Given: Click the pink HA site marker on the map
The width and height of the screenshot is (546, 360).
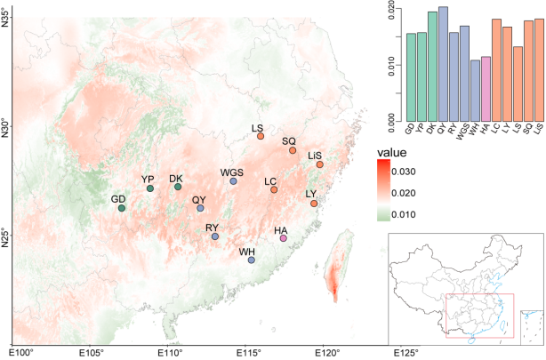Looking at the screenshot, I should [283, 238].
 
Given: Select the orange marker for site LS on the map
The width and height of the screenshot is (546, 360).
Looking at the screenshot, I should [261, 136].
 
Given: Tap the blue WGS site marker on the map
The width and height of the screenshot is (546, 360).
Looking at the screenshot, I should [233, 181].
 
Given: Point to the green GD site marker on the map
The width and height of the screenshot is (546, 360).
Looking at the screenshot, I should [121, 208].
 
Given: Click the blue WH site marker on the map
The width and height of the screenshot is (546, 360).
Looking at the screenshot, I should [251, 260].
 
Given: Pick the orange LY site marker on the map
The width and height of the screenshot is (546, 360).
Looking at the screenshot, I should [314, 204].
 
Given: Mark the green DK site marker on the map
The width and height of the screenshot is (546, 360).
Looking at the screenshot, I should [178, 187].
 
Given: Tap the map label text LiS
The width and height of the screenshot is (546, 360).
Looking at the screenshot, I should [315, 155].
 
